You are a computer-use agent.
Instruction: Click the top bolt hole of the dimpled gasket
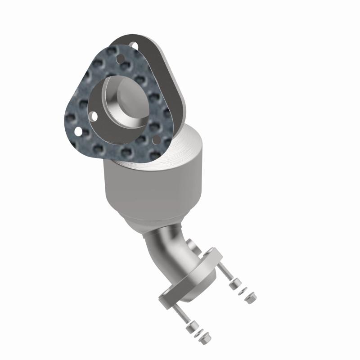coord(121,58)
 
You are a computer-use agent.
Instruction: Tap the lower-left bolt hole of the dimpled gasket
coord(77,131)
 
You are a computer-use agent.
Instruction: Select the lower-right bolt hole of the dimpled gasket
coord(156,140)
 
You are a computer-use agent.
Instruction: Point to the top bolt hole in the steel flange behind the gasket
coord(133,45)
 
